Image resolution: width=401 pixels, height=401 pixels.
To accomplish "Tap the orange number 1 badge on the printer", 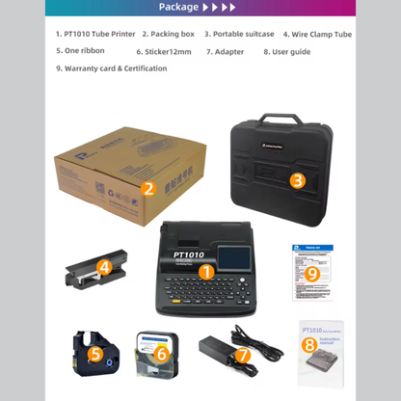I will tap(205, 273).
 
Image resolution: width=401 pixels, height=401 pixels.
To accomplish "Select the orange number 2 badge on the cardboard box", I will tap(148, 189).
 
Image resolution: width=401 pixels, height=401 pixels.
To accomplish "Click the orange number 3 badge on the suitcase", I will tap(298, 179).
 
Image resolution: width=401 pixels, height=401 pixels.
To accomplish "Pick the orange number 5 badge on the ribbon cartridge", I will tap(94, 354).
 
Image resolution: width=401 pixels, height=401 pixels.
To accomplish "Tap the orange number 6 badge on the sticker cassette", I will tap(161, 355).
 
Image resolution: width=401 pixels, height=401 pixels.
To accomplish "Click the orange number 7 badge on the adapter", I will tap(243, 355).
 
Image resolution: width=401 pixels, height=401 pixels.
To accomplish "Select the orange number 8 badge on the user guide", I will tap(308, 344).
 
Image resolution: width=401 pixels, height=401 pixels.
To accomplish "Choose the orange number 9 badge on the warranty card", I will tap(311, 273).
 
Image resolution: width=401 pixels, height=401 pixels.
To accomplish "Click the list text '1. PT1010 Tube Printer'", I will tap(95, 34).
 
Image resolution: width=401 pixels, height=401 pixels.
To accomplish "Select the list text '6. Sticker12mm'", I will tap(165, 51).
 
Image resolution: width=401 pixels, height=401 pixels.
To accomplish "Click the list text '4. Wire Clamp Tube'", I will tap(317, 34).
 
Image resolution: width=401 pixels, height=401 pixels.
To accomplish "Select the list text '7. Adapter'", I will tap(226, 51).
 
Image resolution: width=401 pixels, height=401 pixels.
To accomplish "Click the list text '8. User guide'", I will tap(287, 51).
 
